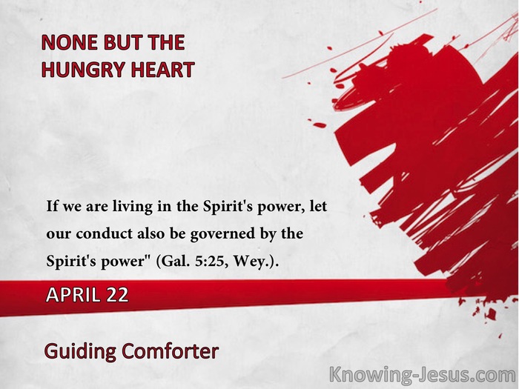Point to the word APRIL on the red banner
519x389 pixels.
pyautogui.click(x=73, y=294)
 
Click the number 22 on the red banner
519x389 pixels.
pyautogui.click(x=117, y=294)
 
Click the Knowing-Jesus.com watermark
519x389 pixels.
pyautogui.click(x=423, y=375)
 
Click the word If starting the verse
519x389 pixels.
pyautogui.click(x=52, y=206)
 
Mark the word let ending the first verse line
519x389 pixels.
pyautogui.click(x=318, y=207)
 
